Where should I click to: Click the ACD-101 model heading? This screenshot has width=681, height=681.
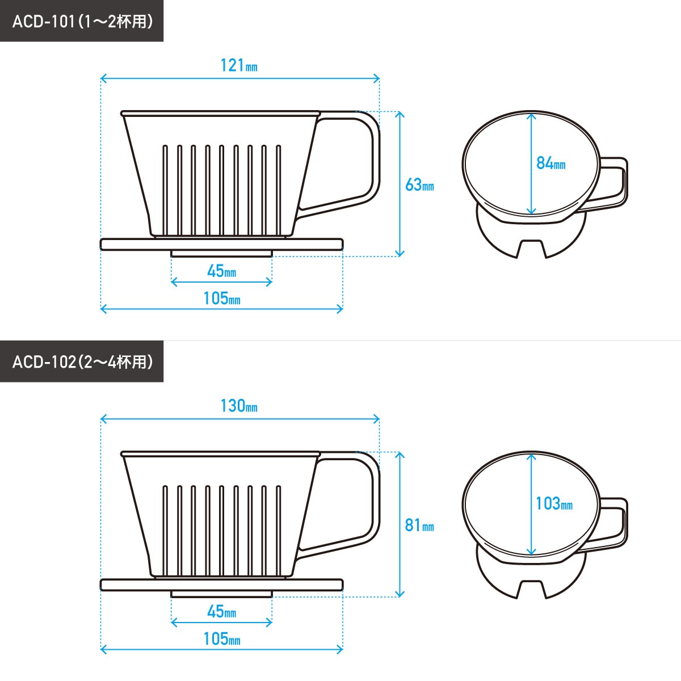click(x=82, y=21)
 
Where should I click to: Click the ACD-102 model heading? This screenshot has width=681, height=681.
click(x=82, y=361)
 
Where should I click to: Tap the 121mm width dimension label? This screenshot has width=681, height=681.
click(x=239, y=66)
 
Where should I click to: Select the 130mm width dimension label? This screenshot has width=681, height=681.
click(x=239, y=406)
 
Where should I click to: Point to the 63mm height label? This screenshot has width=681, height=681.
click(x=419, y=185)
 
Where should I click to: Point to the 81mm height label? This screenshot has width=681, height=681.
click(x=419, y=526)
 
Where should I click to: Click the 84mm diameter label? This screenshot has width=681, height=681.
click(x=550, y=163)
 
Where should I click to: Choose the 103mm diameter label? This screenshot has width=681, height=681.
click(x=554, y=503)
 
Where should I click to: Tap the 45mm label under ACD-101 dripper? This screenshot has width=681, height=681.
click(x=221, y=272)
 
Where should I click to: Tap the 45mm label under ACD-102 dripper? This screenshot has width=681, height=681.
click(x=221, y=612)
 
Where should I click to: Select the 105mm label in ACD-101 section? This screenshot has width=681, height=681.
click(x=221, y=299)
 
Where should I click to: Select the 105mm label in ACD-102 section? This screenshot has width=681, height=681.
click(x=221, y=639)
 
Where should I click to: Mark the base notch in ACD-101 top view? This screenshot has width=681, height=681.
click(x=531, y=249)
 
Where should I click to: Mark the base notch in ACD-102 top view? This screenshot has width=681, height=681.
click(x=531, y=589)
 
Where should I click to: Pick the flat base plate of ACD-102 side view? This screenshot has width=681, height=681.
click(x=221, y=585)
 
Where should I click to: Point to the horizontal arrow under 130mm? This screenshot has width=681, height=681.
click(x=239, y=419)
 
